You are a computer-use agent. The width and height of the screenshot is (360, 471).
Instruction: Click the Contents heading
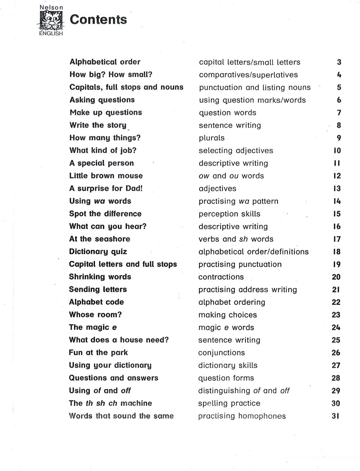click(x=98, y=19)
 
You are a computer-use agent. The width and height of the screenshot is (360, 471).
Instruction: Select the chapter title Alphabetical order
click(x=105, y=62)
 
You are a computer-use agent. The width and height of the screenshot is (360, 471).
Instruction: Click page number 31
click(x=336, y=416)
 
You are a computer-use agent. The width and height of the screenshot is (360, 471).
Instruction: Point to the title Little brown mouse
click(x=106, y=176)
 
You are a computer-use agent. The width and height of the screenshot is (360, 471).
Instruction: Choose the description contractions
click(x=221, y=277)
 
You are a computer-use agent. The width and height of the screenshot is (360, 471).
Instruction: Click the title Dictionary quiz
click(x=98, y=252)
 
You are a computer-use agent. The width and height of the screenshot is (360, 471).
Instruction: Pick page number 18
click(x=337, y=252)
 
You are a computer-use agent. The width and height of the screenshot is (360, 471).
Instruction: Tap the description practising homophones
click(x=242, y=416)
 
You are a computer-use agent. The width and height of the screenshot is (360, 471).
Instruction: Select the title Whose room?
click(x=95, y=315)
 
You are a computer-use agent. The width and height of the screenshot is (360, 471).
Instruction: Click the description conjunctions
click(x=221, y=353)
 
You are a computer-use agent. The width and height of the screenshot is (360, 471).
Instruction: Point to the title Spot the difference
click(x=105, y=214)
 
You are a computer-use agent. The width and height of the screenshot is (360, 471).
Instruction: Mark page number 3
click(x=339, y=62)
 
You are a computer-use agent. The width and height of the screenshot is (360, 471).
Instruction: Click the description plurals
click(x=212, y=138)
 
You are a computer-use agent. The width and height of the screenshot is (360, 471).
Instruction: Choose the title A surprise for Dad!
click(x=106, y=189)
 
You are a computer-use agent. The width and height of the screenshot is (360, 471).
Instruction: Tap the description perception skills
click(x=229, y=214)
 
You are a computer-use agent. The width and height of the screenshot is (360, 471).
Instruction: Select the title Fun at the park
click(x=98, y=353)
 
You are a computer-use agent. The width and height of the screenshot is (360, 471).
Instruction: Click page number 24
click(x=336, y=327)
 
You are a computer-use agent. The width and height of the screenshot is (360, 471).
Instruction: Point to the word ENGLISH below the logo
click(x=51, y=33)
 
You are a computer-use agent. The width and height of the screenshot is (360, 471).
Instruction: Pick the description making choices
click(x=228, y=315)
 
